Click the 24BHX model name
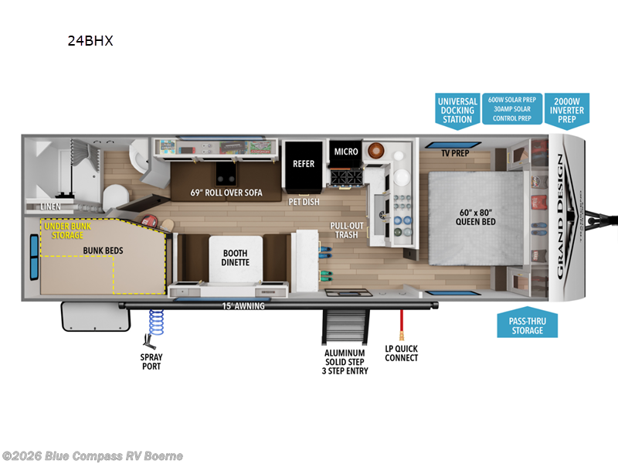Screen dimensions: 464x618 [90, 42]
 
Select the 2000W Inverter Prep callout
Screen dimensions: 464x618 [568, 109]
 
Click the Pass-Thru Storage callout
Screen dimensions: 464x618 [526, 325]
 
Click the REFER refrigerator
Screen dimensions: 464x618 [304, 164]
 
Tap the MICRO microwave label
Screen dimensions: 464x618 [346, 152]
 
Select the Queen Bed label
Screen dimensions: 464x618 [476, 217]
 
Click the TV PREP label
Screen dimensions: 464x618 [455, 153]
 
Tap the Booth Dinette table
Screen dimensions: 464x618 [236, 258]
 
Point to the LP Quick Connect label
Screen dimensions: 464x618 [402, 353]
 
